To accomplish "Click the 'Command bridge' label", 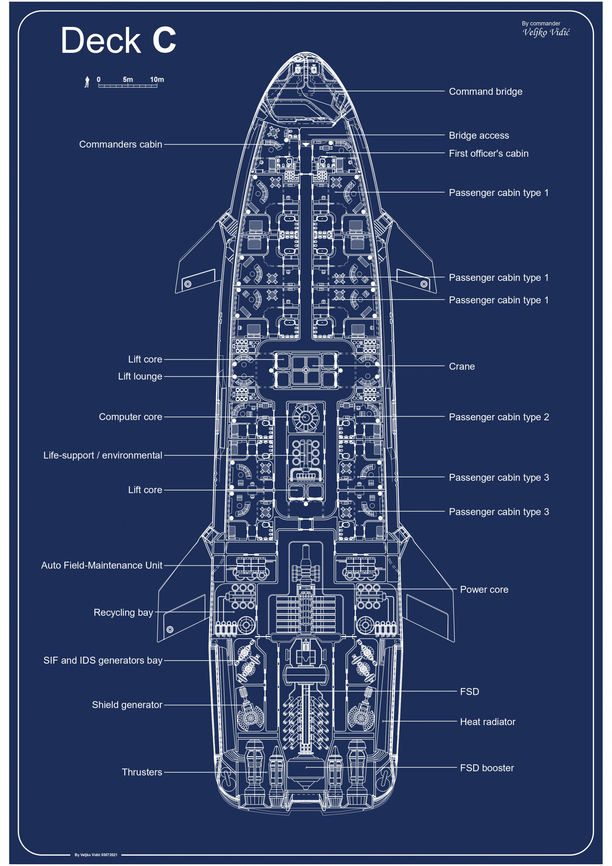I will coord(485,92).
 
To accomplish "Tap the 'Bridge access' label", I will coord(478,135).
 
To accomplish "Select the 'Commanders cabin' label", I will coord(121,144).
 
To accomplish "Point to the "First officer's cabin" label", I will coord(488,154).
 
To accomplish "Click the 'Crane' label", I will coord(462,366).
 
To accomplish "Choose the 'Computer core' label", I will coord(130,417).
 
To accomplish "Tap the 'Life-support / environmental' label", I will coord(102,455).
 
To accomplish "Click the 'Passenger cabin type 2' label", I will coord(499,417).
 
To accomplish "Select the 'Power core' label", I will coord(484,589).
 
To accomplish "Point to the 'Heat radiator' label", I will coord(487,722).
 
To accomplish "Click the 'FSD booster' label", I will coord(487,768).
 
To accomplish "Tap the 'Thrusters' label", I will coord(142,772).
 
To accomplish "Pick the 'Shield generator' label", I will coord(127,705).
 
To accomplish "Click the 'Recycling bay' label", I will coord(123,612).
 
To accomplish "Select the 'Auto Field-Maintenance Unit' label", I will coord(102,565).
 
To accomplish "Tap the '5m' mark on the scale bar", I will coord(128,80).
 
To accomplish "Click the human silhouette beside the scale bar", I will coord(87,82).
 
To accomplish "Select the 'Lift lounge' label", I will coord(140,376).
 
